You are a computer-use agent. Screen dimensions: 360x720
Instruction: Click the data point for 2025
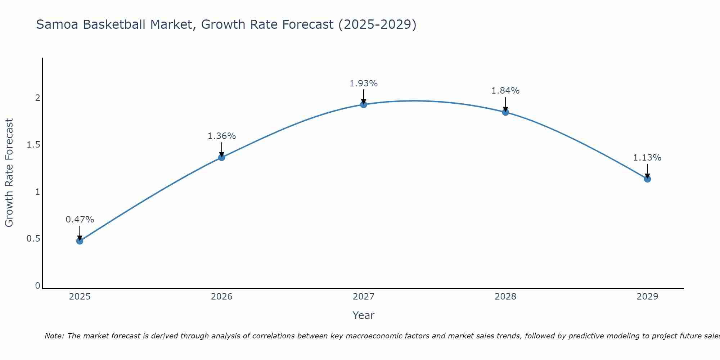click(80, 241)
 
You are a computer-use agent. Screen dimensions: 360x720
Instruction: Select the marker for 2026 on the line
click(221, 157)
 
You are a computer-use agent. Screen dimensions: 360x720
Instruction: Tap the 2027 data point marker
click(364, 104)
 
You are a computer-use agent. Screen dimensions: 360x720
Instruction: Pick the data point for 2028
click(505, 112)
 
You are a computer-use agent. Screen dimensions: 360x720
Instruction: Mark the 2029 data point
click(647, 179)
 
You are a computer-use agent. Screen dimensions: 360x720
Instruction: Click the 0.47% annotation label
click(80, 220)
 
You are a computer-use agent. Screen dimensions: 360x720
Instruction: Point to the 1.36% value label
click(221, 136)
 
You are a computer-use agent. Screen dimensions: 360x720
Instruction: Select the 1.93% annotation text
click(364, 84)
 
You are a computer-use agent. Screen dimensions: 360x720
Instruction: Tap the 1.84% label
click(505, 91)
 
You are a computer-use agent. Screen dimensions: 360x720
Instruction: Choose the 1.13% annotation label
click(647, 158)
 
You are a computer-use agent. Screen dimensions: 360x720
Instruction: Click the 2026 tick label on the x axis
click(221, 297)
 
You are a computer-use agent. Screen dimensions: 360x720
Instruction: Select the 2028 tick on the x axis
click(505, 297)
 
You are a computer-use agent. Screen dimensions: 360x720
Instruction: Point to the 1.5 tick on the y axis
click(33, 145)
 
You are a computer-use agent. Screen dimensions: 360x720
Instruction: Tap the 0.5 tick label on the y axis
click(33, 239)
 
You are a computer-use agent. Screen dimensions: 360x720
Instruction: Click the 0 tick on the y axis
click(37, 286)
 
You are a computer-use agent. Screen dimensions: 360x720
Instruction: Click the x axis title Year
click(364, 315)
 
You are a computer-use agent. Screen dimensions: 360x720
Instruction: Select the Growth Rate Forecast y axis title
click(9, 173)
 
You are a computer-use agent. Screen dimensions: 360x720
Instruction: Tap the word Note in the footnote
click(54, 336)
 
